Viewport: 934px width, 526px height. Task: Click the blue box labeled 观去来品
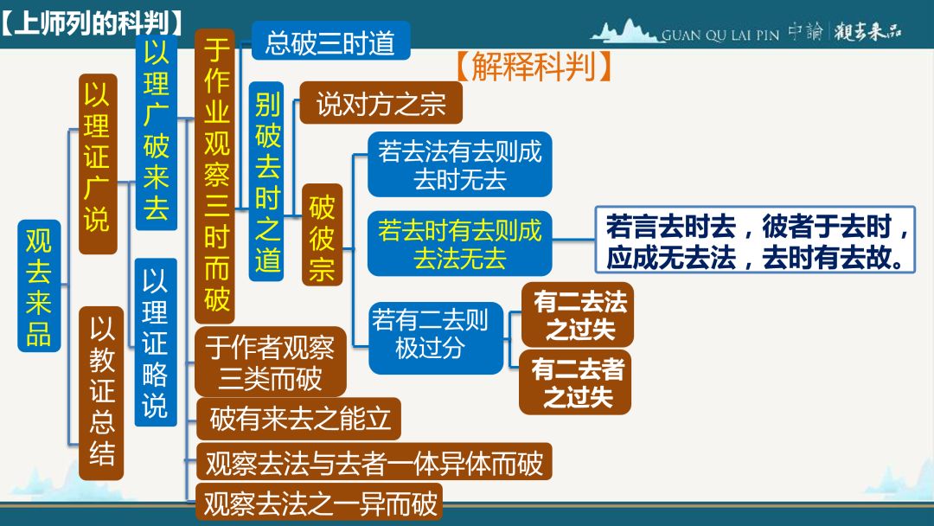coord(39,286)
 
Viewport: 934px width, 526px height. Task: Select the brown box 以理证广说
coord(98,164)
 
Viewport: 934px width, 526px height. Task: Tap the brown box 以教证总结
coord(101,393)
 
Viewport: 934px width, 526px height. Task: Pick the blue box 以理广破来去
coord(156,132)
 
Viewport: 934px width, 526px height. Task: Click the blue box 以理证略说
coord(156,342)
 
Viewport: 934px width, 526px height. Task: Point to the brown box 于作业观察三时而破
coord(215,176)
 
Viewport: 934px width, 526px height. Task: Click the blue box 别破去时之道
coord(266,182)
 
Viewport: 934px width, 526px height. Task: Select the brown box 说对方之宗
coord(381,103)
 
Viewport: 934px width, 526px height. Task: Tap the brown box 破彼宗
coord(322,234)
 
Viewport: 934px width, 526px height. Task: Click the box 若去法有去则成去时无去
coord(460,164)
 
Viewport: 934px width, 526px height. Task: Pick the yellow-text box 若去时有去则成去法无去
coord(460,244)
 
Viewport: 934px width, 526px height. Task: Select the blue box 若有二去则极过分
coord(436,337)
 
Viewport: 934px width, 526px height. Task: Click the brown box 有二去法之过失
coord(577,315)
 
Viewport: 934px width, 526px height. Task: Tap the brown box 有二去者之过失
coord(575,382)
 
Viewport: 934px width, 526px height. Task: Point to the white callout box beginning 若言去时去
coord(755,240)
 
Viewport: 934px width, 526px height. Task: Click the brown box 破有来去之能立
coord(298,419)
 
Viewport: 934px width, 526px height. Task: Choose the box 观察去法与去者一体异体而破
coord(374,462)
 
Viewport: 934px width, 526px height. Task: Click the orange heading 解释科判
coord(534,66)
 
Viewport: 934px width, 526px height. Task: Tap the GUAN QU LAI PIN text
coord(720,35)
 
